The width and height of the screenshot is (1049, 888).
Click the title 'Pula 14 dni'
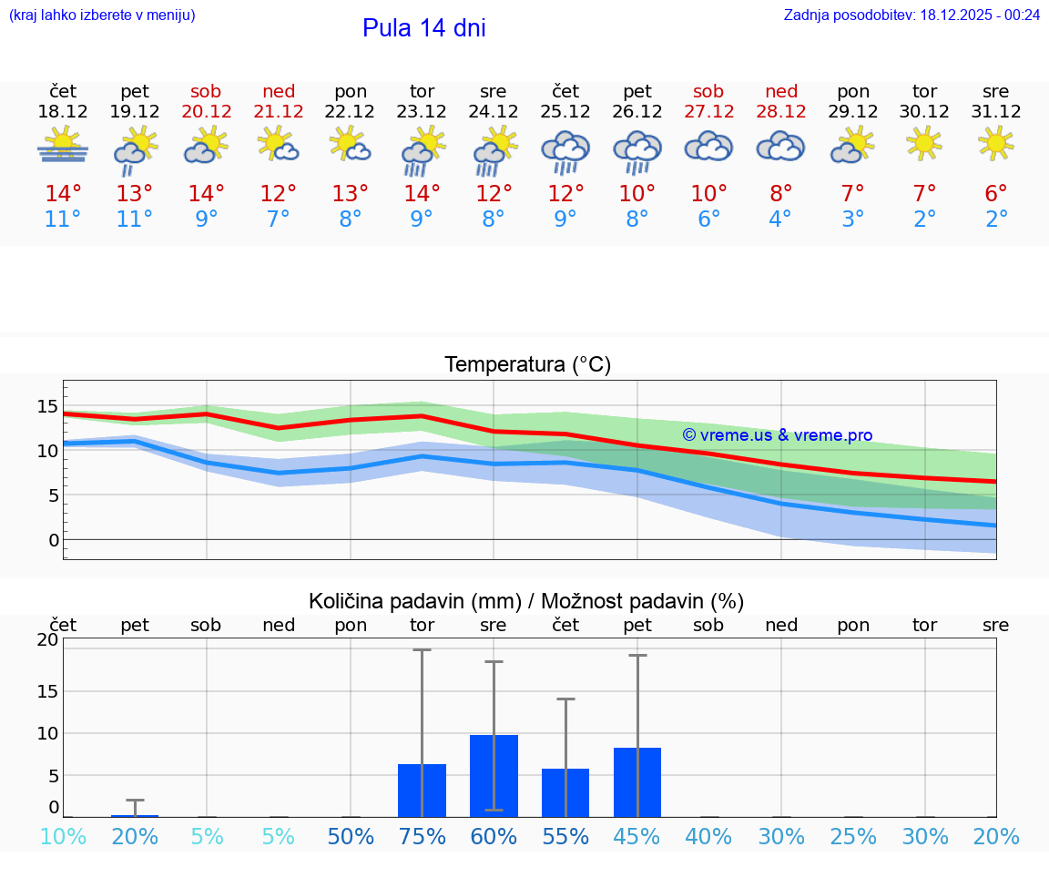pyautogui.click(x=423, y=28)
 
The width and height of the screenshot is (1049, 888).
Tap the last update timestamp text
pyautogui.click(x=912, y=15)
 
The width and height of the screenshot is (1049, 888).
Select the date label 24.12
pyautogui.click(x=494, y=112)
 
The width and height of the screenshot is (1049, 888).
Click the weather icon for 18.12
pyautogui.click(x=63, y=146)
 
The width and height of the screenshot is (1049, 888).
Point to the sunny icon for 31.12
pyautogui.click(x=996, y=143)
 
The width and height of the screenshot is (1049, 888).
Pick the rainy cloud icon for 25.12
pyautogui.click(x=565, y=151)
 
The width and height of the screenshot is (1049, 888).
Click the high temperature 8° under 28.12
pyautogui.click(x=780, y=194)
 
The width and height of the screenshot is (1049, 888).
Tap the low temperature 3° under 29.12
pyautogui.click(x=852, y=219)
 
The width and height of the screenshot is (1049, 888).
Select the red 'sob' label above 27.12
pyautogui.click(x=708, y=91)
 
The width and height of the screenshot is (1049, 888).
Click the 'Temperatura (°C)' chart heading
pyautogui.click(x=527, y=364)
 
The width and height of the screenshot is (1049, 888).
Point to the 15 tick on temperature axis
pyautogui.click(x=47, y=406)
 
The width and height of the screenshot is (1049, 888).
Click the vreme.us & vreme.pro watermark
pyautogui.click(x=777, y=435)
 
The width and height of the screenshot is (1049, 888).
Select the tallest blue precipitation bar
pyautogui.click(x=494, y=775)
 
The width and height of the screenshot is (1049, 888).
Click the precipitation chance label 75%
pyautogui.click(x=422, y=836)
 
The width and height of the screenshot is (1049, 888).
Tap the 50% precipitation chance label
pyautogui.click(x=351, y=836)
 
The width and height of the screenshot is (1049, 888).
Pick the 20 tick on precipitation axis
pyautogui.click(x=47, y=639)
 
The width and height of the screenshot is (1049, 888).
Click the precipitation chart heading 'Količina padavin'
pyautogui.click(x=526, y=601)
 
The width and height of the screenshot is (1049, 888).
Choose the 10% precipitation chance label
pyautogui.click(x=63, y=836)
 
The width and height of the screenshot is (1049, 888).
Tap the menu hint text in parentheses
pyautogui.click(x=102, y=15)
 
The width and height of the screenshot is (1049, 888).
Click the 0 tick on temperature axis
pyautogui.click(x=54, y=540)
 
